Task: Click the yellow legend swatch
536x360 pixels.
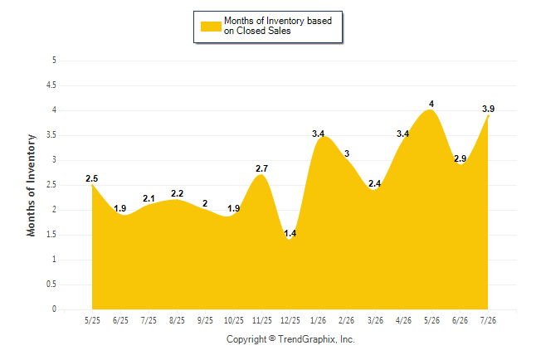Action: coord(211,27)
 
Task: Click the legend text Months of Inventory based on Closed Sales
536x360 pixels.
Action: coord(278,26)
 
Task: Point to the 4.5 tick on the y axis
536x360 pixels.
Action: coord(51,85)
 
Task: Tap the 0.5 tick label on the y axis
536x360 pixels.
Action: coord(51,285)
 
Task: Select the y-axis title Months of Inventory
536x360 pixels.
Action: coord(31,185)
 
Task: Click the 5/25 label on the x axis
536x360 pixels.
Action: coord(92,320)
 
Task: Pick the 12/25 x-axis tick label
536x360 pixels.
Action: coord(290,320)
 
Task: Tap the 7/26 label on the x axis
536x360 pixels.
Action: coord(488,320)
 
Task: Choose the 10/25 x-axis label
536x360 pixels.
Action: coord(233,320)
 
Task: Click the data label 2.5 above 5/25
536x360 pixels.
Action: coord(91,178)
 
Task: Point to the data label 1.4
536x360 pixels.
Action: coord(290,234)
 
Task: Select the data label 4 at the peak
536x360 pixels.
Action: coord(431,104)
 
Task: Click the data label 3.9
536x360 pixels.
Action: coord(488,109)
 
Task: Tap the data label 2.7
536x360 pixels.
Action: coord(261,168)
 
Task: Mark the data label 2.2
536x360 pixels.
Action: coord(177,193)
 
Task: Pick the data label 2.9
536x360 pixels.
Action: coord(460,158)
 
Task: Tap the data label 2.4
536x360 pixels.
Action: coord(375,183)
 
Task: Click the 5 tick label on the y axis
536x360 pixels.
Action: coord(54,61)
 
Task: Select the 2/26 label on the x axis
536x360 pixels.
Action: coord(346,320)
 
